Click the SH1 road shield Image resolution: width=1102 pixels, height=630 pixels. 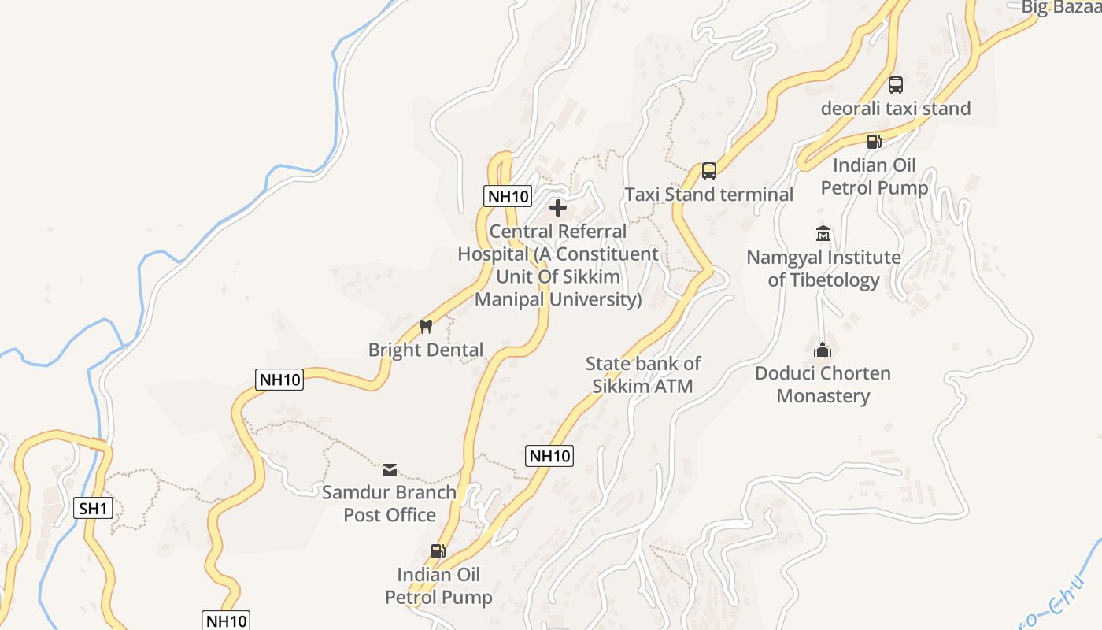tap(93, 508)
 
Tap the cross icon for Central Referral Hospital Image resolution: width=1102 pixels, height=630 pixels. tap(558, 208)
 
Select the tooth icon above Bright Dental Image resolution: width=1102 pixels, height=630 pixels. tap(426, 326)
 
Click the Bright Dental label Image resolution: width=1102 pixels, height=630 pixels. tap(426, 350)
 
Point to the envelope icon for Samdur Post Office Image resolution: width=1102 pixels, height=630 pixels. tap(389, 470)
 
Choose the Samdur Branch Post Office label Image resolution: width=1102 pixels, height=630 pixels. tap(389, 503)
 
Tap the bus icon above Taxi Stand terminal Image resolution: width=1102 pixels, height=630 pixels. tap(708, 171)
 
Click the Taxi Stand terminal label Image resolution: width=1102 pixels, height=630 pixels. tap(708, 195)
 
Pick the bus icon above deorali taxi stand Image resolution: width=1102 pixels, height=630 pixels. tap(896, 85)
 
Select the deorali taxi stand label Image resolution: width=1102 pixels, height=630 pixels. tap(896, 109)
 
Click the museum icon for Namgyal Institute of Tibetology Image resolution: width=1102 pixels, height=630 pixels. tap(823, 234)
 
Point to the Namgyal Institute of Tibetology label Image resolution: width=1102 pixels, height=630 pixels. tap(823, 269)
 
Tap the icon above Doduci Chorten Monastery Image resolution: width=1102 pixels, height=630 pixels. tap(823, 350)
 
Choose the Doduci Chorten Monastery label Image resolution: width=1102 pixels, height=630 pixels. tap(823, 384)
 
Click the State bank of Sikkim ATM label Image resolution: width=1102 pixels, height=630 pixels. tap(642, 375)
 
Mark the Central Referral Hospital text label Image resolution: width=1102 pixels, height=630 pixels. tap(558, 265)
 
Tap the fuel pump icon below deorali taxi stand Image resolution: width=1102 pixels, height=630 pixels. tap(874, 142)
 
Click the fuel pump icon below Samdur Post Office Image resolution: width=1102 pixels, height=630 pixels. tap(438, 551)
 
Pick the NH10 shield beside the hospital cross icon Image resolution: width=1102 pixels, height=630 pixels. tap(508, 196)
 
